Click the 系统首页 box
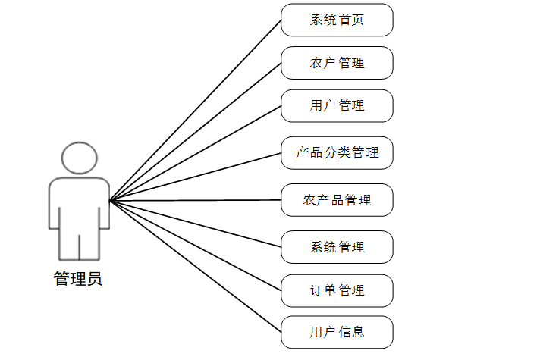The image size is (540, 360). click(x=337, y=20)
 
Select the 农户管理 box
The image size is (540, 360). click(x=337, y=63)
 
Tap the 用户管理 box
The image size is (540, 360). click(x=337, y=105)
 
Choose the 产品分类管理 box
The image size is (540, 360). click(x=337, y=153)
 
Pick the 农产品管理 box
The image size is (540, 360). click(x=337, y=200)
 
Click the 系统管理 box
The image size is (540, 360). click(x=337, y=247)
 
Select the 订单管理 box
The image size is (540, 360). click(x=337, y=290)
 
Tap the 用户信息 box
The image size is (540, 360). click(x=337, y=332)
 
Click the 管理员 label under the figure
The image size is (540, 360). click(x=78, y=279)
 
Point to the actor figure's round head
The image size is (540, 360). click(x=80, y=158)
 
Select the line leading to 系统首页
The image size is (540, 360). click(x=196, y=110)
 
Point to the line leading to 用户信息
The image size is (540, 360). click(x=196, y=266)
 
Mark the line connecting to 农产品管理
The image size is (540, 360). click(x=196, y=200)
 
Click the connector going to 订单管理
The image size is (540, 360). click(x=196, y=246)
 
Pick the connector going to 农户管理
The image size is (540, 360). click(x=196, y=132)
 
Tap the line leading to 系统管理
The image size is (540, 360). click(x=196, y=224)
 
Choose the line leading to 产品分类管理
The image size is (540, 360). click(x=196, y=177)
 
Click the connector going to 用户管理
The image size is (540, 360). click(x=196, y=154)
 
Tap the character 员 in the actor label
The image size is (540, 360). click(x=94, y=279)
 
